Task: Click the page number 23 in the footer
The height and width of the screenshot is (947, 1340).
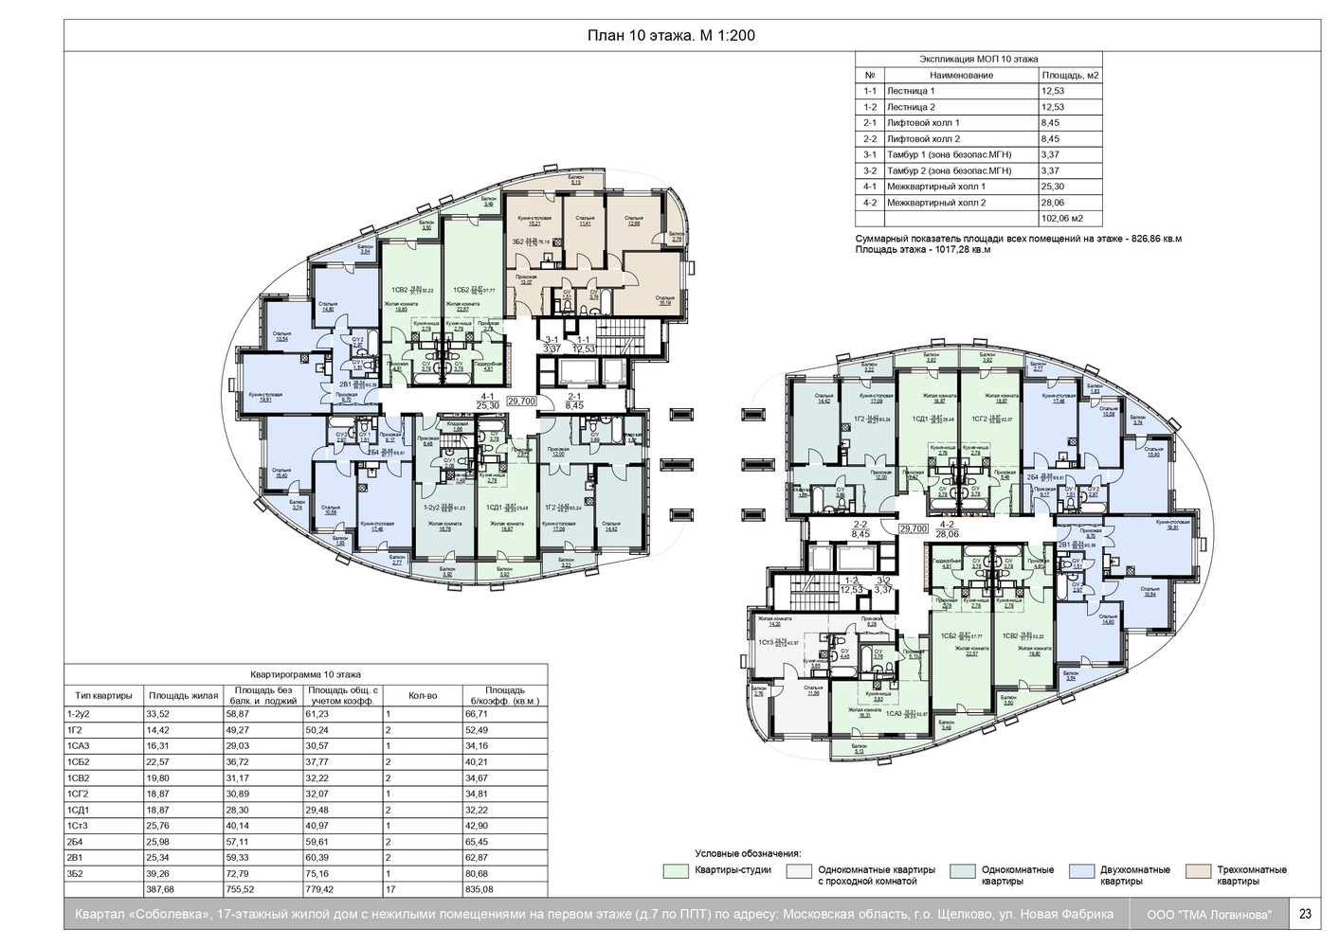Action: coord(1305,914)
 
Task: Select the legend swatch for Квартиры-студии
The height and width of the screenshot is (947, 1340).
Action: coord(675,869)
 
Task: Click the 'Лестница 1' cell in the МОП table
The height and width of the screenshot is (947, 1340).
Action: coord(912,91)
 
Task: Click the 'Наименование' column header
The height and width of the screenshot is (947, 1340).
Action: coord(961,75)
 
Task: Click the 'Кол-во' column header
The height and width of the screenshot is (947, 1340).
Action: coord(423,695)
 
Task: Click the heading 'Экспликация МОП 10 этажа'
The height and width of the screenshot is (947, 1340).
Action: coord(978,59)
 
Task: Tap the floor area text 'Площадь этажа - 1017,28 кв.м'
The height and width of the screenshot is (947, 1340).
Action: coord(922,251)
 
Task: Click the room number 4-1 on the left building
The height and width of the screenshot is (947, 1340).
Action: coord(488,396)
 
